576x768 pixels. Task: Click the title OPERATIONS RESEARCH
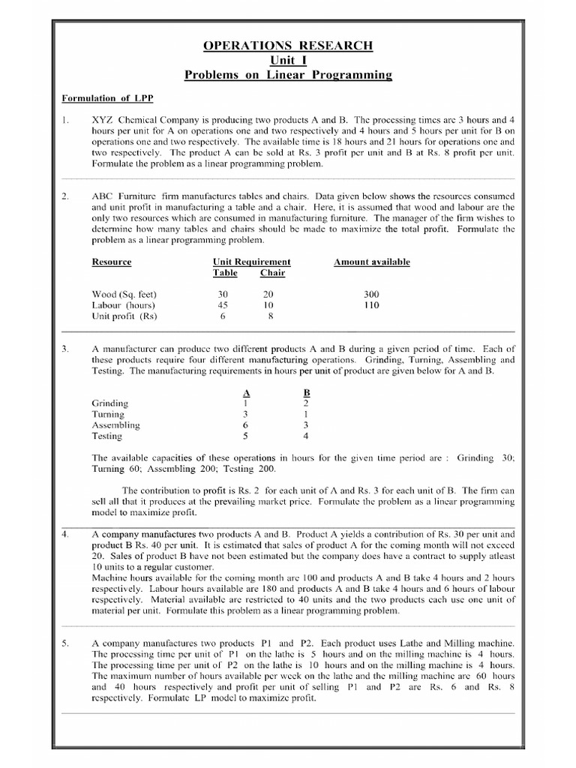click(288, 46)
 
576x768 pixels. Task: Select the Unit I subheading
click(288, 61)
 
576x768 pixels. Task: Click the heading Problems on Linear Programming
click(288, 76)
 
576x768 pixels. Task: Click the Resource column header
click(111, 262)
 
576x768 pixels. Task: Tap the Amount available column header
click(372, 262)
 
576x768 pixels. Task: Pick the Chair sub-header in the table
click(272, 273)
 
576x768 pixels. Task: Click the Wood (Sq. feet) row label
click(124, 295)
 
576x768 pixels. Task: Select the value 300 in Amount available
click(371, 295)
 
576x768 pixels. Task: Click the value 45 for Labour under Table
click(223, 305)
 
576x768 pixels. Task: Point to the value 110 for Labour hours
click(371, 305)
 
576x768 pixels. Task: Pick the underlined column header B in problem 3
click(306, 392)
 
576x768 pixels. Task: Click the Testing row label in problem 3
click(107, 435)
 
